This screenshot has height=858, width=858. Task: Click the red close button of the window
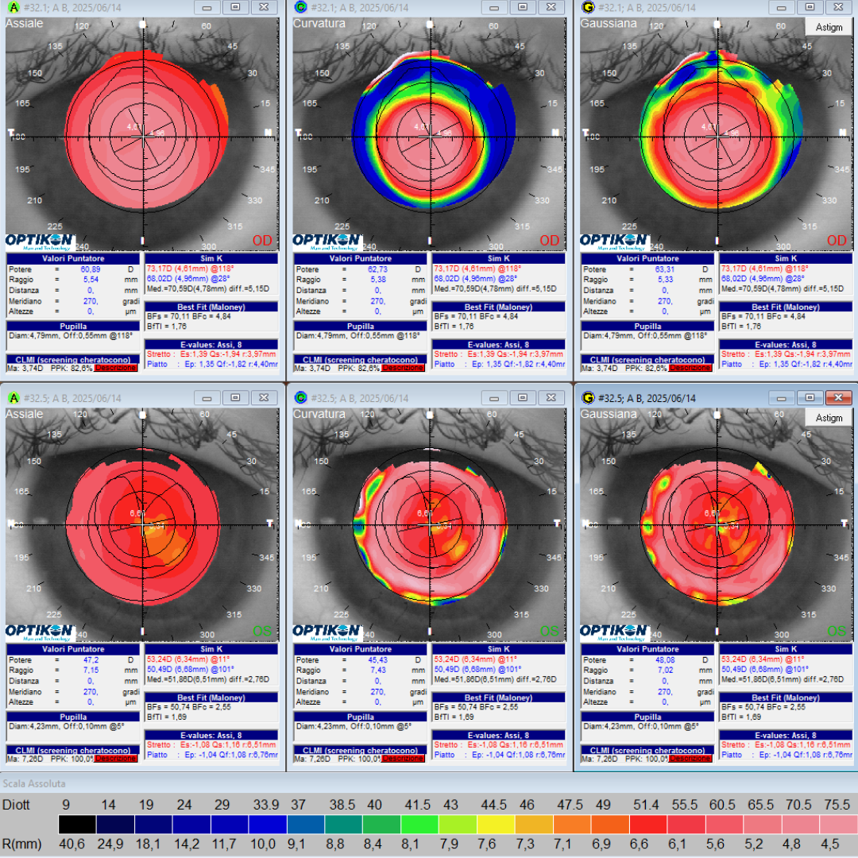837,397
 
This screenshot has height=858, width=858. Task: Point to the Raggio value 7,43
377,671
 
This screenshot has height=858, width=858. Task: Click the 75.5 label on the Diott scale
837,804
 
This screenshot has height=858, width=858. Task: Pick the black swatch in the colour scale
77,824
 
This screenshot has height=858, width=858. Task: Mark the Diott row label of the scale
17,804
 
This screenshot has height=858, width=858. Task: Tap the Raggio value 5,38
377,280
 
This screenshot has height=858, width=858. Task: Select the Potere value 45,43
377,660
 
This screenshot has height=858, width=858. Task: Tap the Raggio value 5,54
89,280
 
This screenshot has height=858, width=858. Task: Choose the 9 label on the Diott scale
66,804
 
